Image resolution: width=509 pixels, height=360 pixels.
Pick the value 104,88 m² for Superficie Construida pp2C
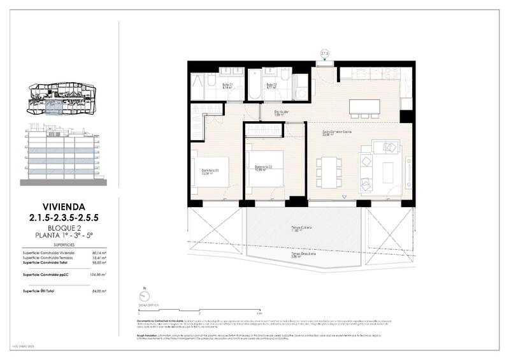[x=97, y=274]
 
